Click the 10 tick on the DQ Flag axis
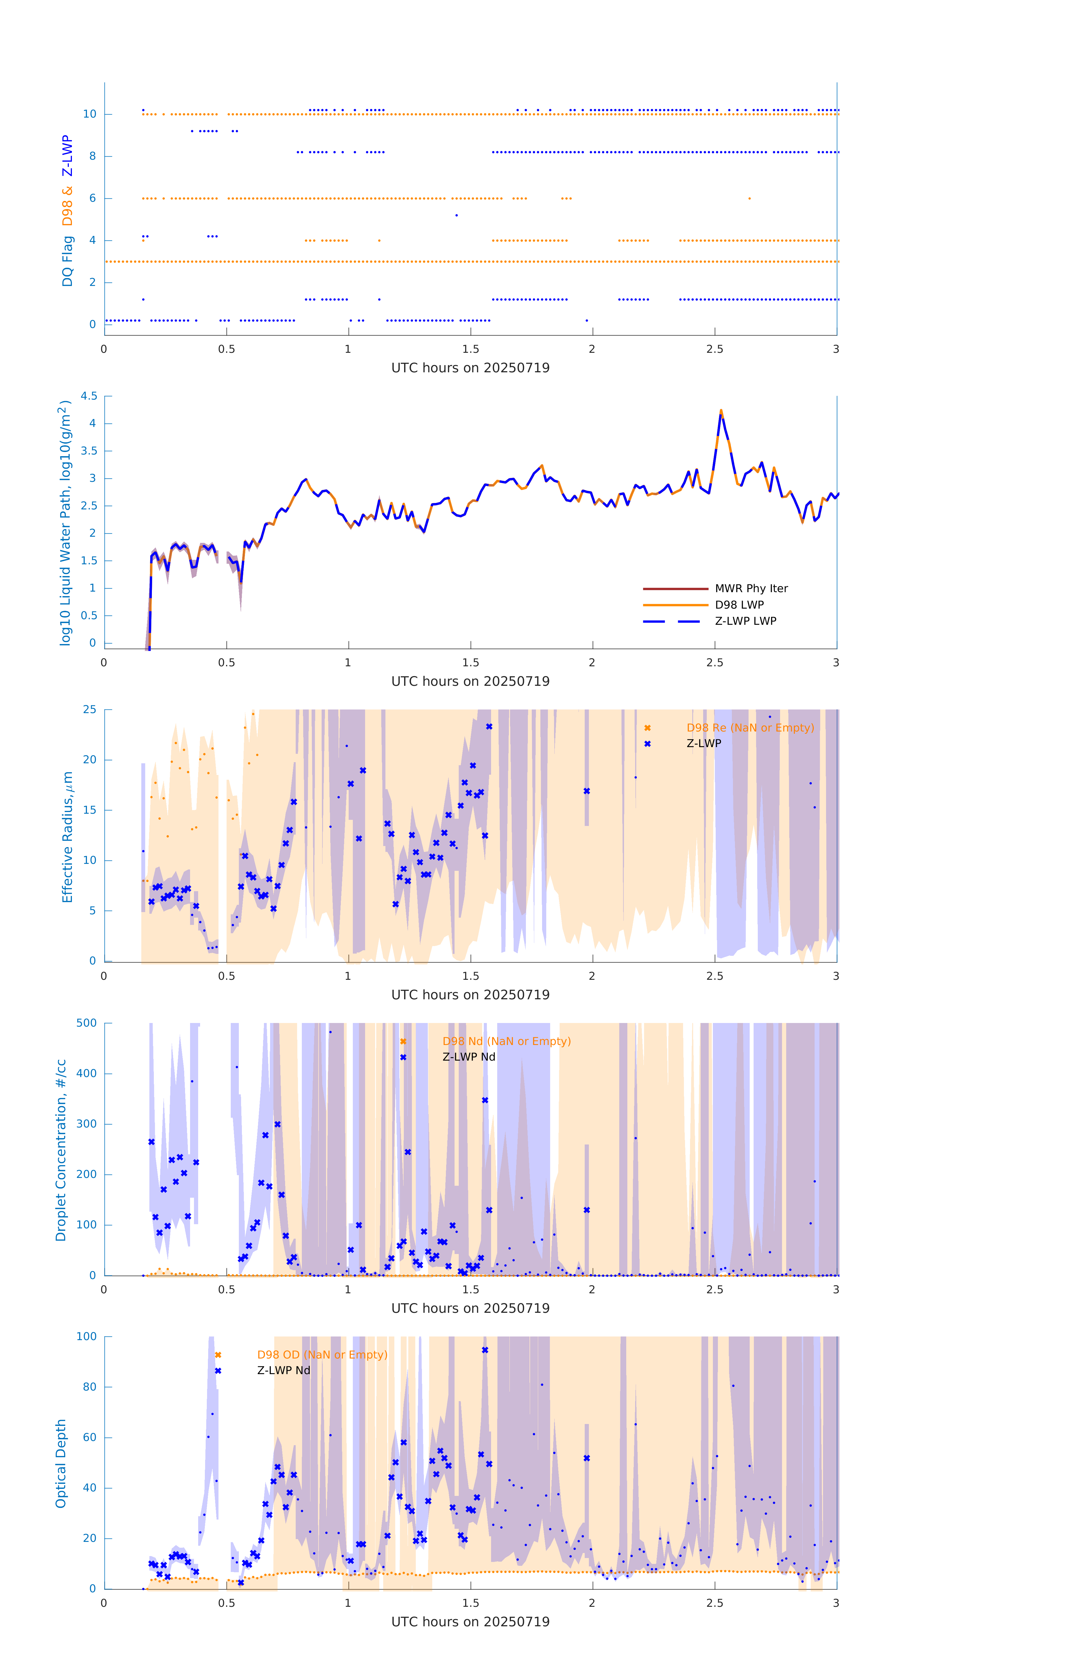[89, 114]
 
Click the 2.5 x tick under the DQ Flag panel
[715, 349]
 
